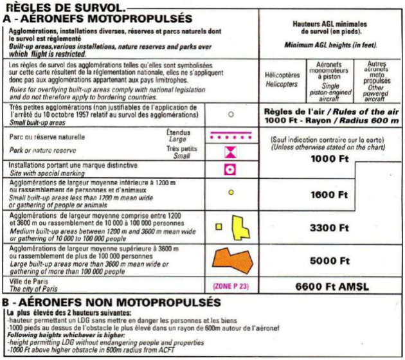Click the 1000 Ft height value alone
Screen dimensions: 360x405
(x=329, y=159)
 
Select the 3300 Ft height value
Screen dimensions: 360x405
(x=329, y=228)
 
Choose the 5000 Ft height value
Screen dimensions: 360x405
(x=329, y=261)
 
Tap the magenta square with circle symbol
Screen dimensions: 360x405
(x=230, y=169)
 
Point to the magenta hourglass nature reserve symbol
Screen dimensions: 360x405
(x=230, y=152)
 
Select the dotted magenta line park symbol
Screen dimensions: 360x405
(x=230, y=136)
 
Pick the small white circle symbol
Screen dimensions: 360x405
(x=230, y=114)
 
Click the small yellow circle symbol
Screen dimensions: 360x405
(x=230, y=191)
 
